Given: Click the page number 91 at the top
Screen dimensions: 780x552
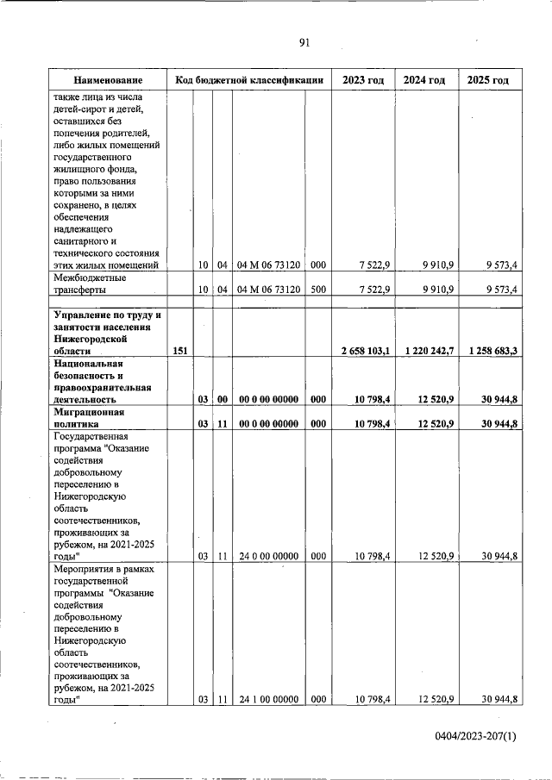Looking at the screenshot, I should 304,42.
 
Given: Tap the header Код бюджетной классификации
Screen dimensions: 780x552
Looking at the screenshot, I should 248,80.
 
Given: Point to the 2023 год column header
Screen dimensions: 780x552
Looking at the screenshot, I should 363,80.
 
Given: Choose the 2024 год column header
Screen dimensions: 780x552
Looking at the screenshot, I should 424,80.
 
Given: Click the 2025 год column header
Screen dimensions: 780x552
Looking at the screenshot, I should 488,80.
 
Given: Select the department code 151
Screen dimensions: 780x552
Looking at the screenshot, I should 179,351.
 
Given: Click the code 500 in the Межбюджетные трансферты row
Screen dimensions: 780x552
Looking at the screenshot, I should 317,290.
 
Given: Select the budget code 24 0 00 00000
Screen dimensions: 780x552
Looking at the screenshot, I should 267,557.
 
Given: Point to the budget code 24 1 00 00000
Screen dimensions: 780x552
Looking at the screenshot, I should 267,700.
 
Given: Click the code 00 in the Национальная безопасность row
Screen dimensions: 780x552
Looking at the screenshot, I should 222,400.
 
